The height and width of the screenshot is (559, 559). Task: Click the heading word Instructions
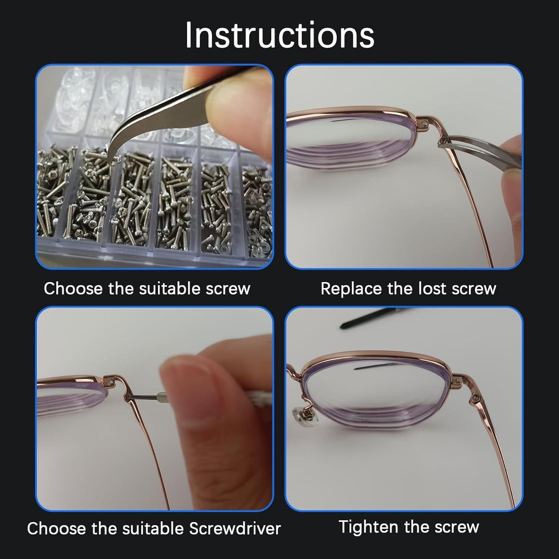(x=279, y=35)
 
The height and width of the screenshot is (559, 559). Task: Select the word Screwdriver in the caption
(x=235, y=528)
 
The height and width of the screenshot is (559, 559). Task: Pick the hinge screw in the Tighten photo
(x=475, y=399)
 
